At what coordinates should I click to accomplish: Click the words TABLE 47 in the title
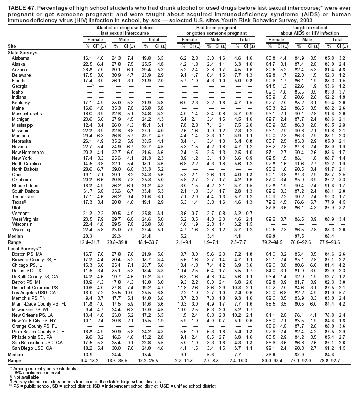pyautogui.click(x=15, y=5)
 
